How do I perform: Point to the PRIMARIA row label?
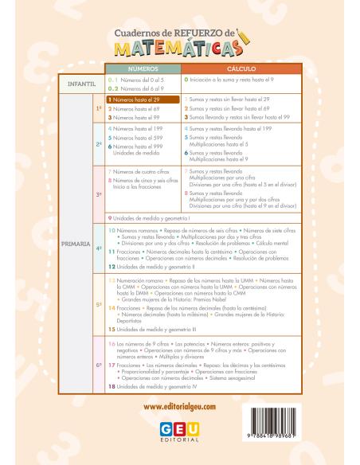coord(78,238)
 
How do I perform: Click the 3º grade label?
coord(100,193)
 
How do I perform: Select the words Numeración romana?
coord(139,282)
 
